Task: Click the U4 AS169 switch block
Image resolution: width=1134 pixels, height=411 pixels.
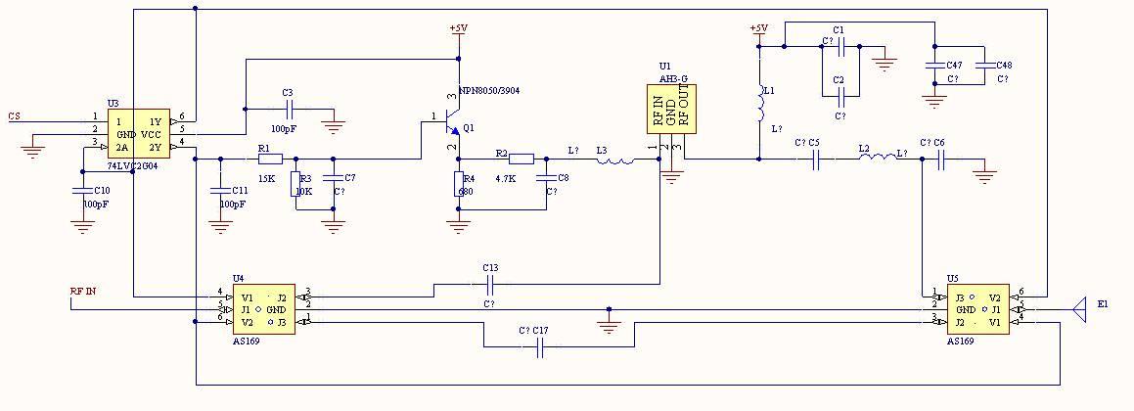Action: click(261, 309)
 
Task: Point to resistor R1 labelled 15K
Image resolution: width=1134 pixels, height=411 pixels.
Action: click(269, 159)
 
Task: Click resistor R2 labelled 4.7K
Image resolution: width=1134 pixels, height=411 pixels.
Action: click(522, 159)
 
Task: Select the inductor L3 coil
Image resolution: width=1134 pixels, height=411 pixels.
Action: click(616, 159)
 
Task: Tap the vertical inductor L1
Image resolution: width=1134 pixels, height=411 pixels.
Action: click(759, 104)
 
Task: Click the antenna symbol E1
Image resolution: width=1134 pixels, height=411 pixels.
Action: click(1080, 309)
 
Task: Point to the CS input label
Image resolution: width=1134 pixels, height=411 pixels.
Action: click(14, 116)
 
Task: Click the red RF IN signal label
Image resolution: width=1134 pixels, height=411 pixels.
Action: click(83, 292)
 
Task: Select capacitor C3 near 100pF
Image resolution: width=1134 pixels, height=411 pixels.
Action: click(288, 109)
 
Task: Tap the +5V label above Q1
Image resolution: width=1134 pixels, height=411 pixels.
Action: click(457, 28)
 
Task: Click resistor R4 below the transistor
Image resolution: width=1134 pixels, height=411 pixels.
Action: click(457, 184)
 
